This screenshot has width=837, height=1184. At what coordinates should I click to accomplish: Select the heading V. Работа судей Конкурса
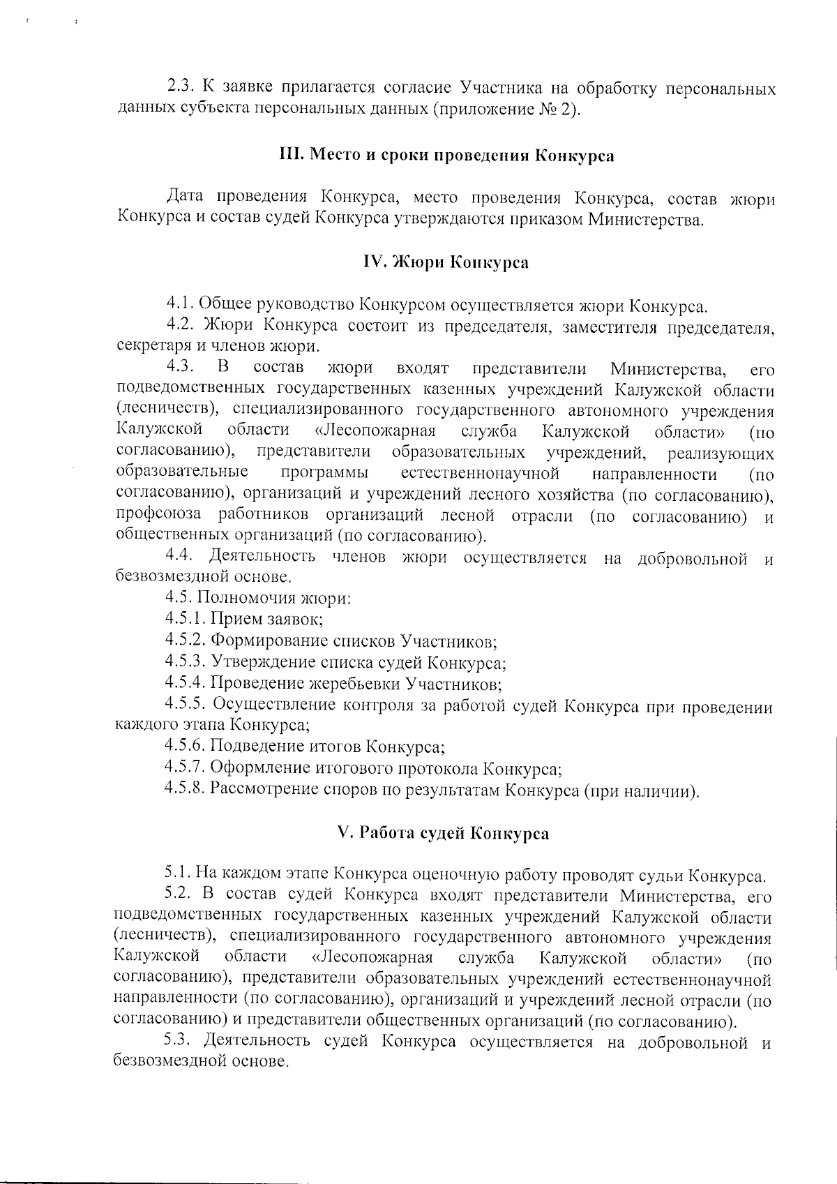(443, 833)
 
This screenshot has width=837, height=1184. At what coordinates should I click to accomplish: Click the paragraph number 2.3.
(181, 88)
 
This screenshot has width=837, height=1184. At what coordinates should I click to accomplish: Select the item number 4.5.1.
(186, 618)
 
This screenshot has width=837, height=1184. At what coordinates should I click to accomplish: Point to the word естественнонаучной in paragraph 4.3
(481, 474)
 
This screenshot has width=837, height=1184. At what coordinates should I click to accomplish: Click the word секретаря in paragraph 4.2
(149, 347)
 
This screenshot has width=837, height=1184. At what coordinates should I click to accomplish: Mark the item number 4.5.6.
(186, 747)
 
